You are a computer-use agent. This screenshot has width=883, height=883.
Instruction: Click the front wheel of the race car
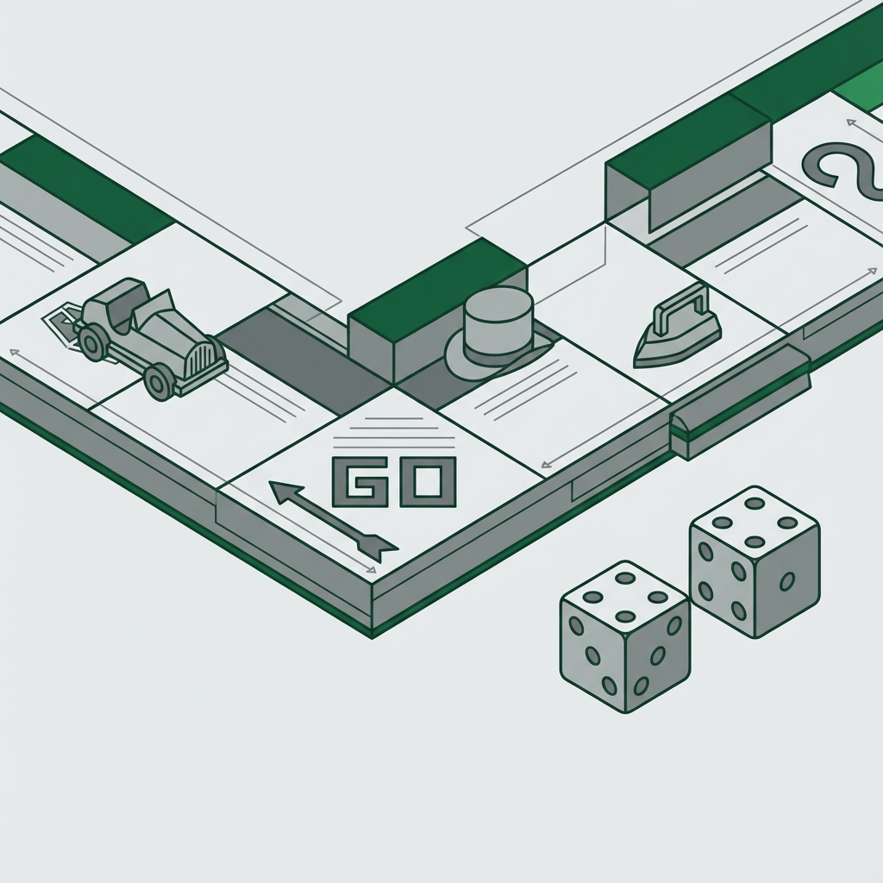click(160, 381)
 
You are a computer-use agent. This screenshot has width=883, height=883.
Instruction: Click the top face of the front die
click(625, 594)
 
